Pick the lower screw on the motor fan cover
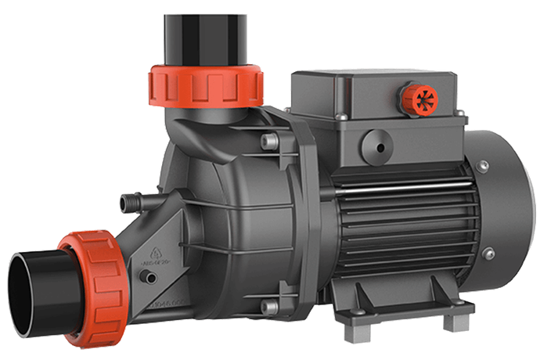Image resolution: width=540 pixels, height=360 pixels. coord(488,253)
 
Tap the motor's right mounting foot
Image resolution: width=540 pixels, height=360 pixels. coord(449,320)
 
